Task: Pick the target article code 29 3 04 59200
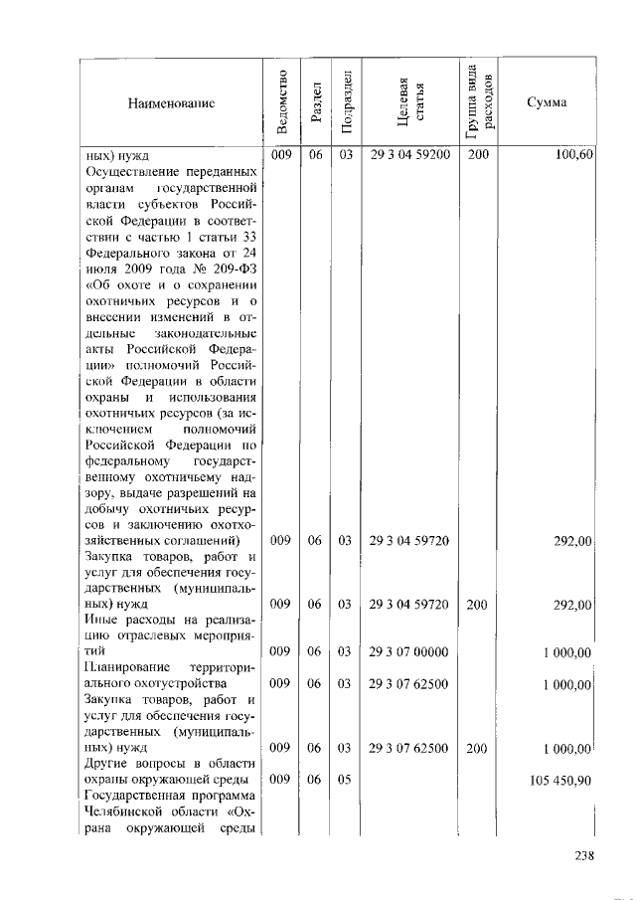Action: (409, 155)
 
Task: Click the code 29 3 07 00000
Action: (409, 652)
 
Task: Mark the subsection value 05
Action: (346, 780)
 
